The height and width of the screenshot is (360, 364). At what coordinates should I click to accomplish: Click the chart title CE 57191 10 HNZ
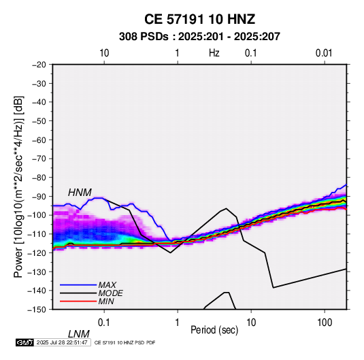[199, 19]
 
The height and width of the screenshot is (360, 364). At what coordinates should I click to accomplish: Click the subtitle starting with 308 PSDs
[199, 37]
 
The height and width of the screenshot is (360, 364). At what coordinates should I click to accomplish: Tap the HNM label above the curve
[80, 193]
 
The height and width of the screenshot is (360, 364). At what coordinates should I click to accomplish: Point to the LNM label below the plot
[79, 334]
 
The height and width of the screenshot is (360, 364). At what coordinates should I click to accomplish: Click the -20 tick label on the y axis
[39, 65]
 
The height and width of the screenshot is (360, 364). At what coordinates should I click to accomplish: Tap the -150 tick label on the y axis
[37, 310]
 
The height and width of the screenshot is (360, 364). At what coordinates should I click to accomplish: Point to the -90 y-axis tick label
[39, 197]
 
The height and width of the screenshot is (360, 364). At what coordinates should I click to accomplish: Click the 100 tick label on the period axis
[325, 323]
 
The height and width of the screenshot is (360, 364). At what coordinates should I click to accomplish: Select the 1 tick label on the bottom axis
[178, 323]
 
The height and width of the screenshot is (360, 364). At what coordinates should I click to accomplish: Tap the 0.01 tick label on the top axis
[324, 53]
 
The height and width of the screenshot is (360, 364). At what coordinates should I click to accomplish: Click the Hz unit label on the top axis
[214, 53]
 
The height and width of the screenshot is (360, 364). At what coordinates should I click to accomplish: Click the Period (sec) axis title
[214, 330]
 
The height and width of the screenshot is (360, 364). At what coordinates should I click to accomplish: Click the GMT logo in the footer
[25, 342]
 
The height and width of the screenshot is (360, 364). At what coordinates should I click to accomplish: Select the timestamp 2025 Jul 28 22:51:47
[62, 342]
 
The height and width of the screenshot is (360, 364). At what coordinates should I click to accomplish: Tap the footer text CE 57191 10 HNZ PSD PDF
[125, 342]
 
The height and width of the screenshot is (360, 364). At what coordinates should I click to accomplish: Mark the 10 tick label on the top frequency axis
[104, 53]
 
